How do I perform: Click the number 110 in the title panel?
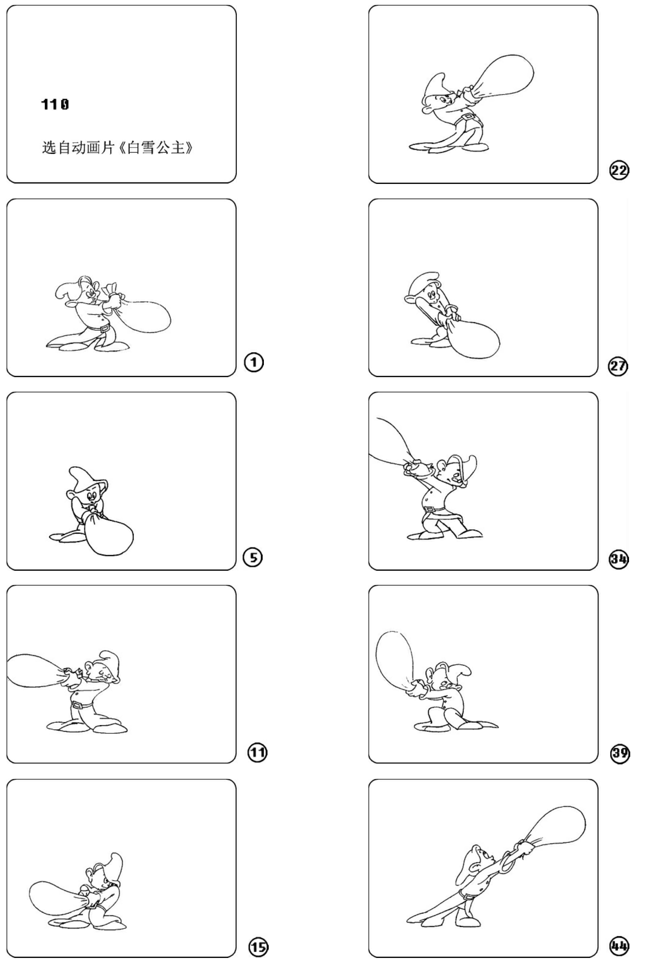(x=55, y=104)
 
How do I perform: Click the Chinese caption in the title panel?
(x=117, y=147)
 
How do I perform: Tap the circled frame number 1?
(x=254, y=363)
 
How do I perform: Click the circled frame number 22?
(x=619, y=170)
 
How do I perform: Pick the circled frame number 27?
(x=618, y=366)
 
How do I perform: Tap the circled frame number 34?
(x=619, y=559)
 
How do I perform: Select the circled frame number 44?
(x=619, y=945)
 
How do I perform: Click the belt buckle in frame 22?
(x=468, y=117)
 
